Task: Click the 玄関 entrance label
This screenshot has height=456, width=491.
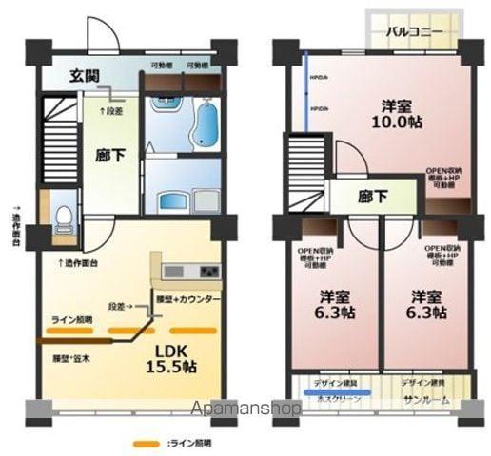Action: (x=87, y=76)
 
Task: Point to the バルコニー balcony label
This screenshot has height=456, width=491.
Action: (x=415, y=30)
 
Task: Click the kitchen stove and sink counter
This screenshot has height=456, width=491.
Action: (x=191, y=273)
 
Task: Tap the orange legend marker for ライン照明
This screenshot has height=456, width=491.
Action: (x=145, y=443)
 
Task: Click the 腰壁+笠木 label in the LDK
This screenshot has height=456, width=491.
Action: (x=72, y=359)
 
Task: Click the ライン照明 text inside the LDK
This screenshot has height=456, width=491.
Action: (x=72, y=319)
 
